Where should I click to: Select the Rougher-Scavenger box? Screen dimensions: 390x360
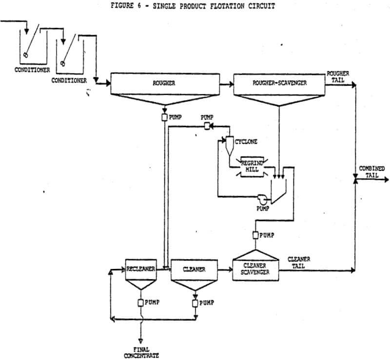tap(279, 85)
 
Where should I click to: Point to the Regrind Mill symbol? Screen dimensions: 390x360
tap(252, 167)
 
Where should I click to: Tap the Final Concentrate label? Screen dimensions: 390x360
tap(141, 353)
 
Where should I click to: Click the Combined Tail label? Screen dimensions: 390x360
tap(371, 172)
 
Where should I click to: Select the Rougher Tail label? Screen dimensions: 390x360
tap(338, 76)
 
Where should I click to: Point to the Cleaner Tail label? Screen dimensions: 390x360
tap(299, 263)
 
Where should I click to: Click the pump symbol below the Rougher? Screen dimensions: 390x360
tap(164, 117)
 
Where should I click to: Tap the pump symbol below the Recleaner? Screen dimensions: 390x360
tap(141, 303)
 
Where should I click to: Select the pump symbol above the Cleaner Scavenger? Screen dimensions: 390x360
tap(255, 235)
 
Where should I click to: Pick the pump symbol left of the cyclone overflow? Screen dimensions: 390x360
tap(207, 127)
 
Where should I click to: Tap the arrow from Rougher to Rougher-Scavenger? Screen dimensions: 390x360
tap(227, 85)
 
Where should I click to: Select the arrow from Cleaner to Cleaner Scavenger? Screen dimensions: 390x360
tap(225, 269)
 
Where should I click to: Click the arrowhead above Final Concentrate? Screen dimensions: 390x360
tap(141, 341)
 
